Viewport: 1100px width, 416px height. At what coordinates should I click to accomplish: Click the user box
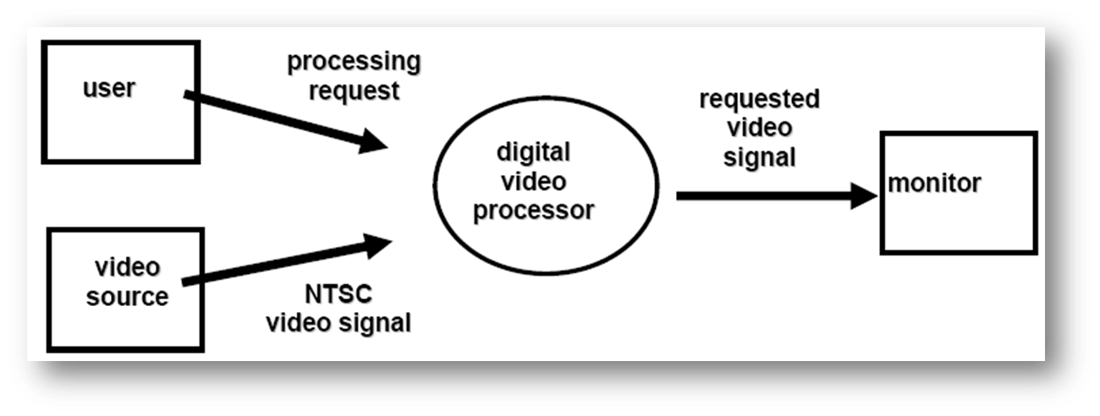click(x=121, y=127)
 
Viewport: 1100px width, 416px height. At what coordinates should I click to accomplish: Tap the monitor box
click(x=959, y=220)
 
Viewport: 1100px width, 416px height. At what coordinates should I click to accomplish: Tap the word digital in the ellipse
click(x=533, y=153)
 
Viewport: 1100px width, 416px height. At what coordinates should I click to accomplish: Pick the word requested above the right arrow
click(x=759, y=99)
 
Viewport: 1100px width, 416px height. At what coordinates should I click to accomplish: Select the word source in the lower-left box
click(x=127, y=297)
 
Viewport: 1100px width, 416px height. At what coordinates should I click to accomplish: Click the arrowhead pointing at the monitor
click(x=862, y=196)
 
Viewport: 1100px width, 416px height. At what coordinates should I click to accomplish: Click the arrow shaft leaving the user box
click(x=271, y=118)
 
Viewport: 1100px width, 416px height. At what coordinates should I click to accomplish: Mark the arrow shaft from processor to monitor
click(x=762, y=196)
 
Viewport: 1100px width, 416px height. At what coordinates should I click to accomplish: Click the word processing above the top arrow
click(x=354, y=62)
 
